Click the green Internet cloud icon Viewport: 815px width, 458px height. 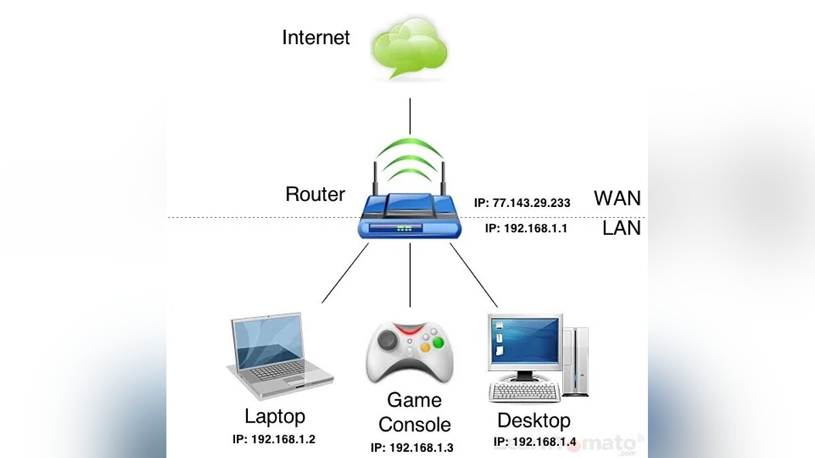[x=410, y=48]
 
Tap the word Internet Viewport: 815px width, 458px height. [x=316, y=37]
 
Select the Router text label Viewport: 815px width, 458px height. [x=315, y=194]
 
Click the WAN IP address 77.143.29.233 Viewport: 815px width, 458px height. [x=522, y=203]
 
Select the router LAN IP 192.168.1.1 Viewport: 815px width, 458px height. [x=526, y=229]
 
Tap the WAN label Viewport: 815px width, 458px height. [x=617, y=198]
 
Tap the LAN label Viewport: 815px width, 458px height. [x=621, y=228]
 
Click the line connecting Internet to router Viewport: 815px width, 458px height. [x=410, y=115]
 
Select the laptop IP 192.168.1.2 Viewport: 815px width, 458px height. [x=274, y=439]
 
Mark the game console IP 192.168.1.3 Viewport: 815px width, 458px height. [x=412, y=448]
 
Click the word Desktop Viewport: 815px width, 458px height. [x=534, y=420]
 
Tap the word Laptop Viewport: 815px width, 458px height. [x=275, y=415]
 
